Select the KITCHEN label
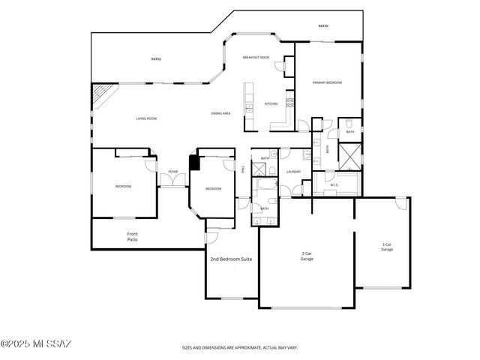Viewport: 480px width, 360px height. click(271, 103)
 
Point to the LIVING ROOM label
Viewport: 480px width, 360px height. click(146, 118)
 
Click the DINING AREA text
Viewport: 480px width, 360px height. click(220, 113)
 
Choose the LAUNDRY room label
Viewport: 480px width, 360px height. click(294, 172)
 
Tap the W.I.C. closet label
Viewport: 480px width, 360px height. click(334, 184)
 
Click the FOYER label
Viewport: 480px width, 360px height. click(172, 172)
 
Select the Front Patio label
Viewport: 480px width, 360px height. click(132, 236)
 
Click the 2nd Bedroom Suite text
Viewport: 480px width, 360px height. click(230, 259)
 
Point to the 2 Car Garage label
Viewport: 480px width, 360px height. click(307, 256)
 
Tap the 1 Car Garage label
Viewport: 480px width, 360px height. click(387, 247)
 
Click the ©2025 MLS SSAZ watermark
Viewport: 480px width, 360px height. click(37, 344)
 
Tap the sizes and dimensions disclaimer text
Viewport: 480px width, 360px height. click(240, 347)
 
